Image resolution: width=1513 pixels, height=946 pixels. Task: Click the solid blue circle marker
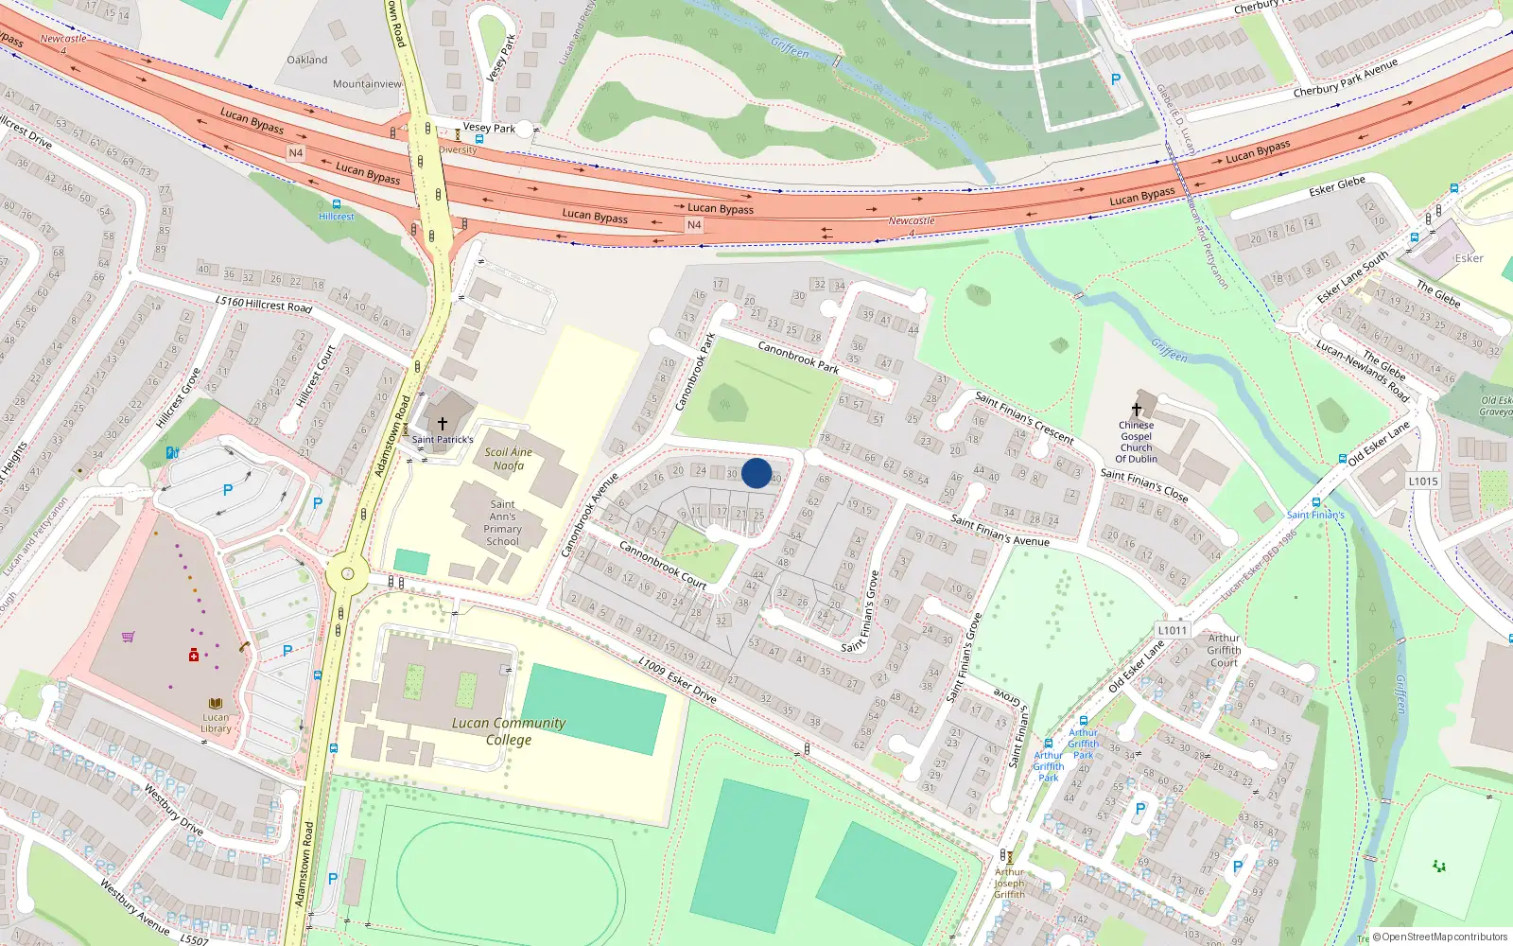click(756, 473)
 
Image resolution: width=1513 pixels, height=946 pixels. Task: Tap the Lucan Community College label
click(509, 731)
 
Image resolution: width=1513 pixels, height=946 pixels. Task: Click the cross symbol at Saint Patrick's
click(442, 423)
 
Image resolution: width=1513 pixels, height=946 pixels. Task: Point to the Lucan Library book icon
click(216, 704)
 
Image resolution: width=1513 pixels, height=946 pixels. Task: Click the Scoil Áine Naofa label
click(509, 459)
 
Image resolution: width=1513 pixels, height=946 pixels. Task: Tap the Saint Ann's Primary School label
click(503, 522)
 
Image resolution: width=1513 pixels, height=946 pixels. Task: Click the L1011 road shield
click(1172, 630)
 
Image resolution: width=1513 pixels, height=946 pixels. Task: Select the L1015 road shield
click(1423, 481)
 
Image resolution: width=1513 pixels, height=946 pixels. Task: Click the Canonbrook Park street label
click(798, 357)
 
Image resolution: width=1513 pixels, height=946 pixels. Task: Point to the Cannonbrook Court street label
click(662, 564)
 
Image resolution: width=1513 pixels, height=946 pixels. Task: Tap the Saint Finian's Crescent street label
click(1024, 417)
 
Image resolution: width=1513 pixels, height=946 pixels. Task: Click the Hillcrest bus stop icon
click(336, 203)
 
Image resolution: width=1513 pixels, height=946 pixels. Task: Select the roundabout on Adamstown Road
click(347, 573)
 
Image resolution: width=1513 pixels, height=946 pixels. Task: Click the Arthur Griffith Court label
click(1224, 650)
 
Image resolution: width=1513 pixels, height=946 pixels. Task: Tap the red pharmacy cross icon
click(194, 655)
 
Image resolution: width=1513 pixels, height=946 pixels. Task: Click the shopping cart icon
click(128, 637)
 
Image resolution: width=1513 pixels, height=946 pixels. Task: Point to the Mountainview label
click(367, 84)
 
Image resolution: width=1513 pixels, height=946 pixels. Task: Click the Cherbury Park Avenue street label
click(1345, 79)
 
